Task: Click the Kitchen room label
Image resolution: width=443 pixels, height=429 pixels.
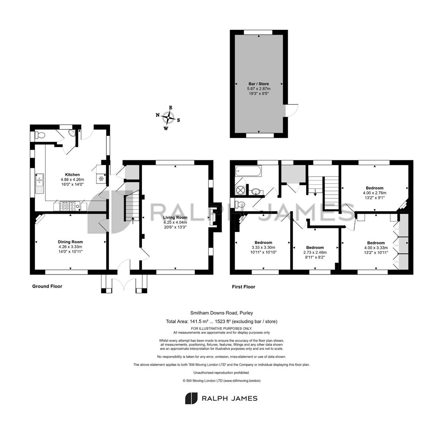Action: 72,175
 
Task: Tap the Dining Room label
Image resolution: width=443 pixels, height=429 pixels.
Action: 70,242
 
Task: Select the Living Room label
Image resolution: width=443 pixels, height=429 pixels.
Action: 175,218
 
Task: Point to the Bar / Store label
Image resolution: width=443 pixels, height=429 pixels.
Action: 259,84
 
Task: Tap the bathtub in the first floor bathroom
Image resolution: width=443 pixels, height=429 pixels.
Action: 247,170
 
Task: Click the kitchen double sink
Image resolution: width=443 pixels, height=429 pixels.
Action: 39,184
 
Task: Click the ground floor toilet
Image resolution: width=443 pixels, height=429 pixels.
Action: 39,136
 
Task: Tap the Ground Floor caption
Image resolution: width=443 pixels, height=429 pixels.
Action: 47,286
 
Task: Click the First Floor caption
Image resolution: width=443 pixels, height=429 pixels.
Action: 243,287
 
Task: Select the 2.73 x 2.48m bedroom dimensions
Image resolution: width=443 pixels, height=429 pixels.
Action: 315,253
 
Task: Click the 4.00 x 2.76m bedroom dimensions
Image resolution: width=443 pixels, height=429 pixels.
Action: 375,193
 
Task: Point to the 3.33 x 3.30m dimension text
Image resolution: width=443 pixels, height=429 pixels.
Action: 263,247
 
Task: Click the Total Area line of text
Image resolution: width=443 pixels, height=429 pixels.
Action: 221,321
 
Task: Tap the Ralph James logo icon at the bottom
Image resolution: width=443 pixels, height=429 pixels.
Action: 191,398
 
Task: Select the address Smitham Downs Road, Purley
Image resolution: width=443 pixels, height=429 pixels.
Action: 221,313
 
